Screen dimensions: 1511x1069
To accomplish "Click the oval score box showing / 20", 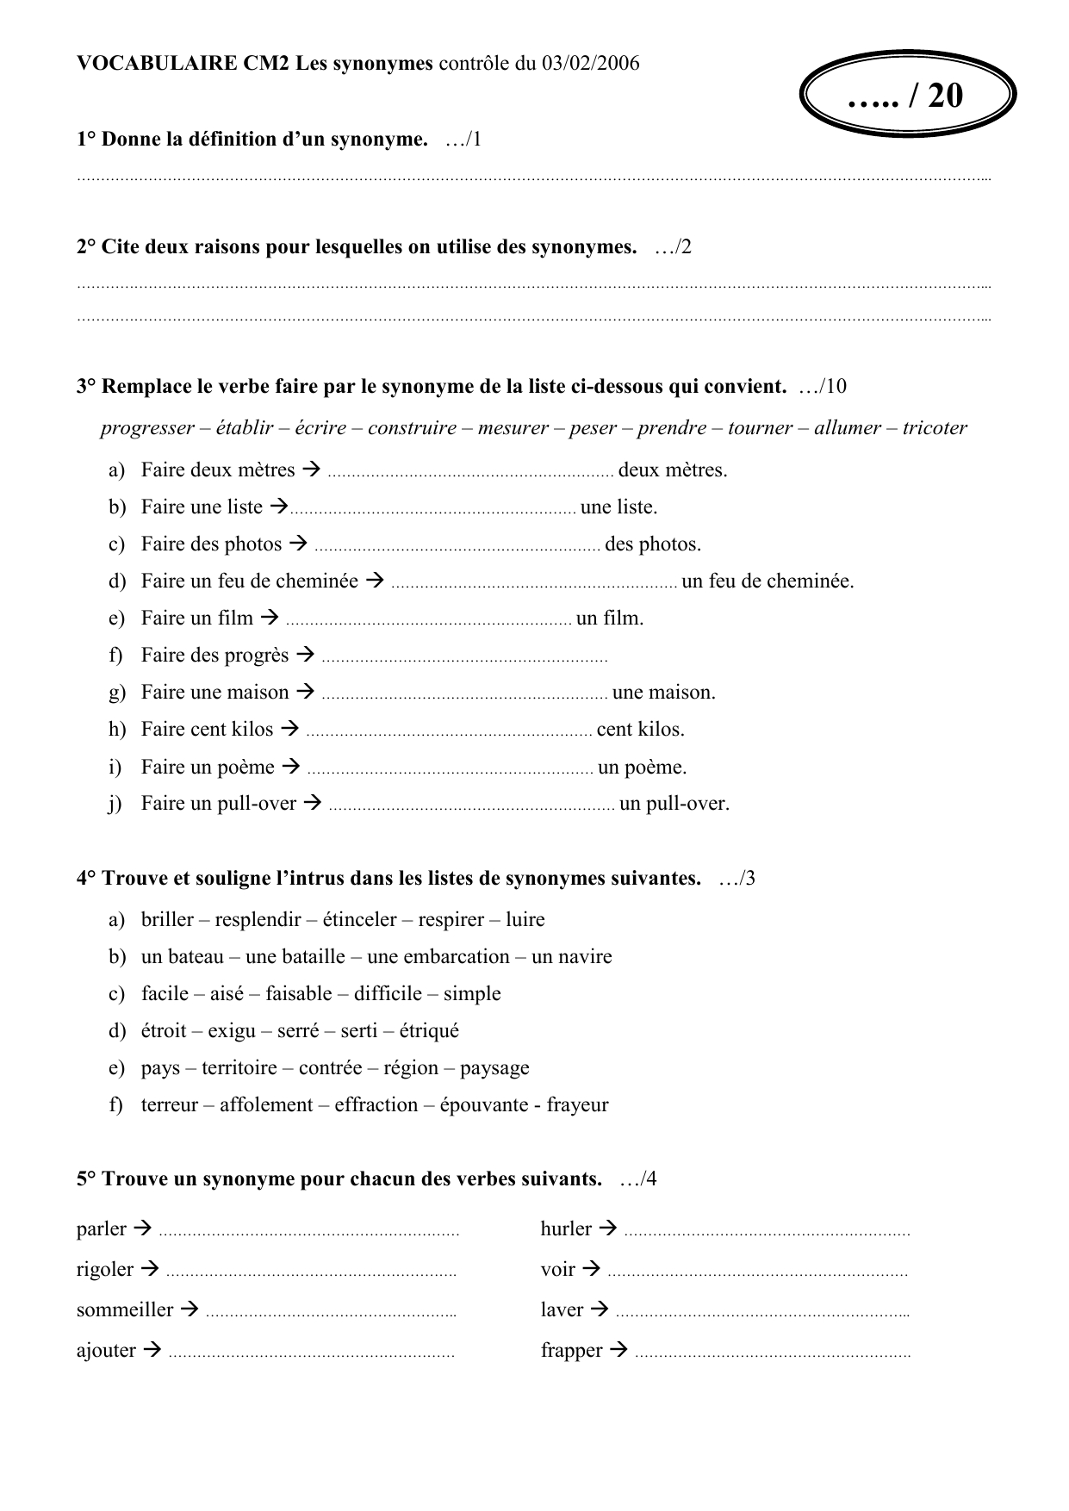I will (x=908, y=95).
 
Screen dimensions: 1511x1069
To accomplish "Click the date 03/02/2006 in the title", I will (x=591, y=63).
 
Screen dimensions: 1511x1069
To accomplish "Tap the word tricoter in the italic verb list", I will (x=935, y=428).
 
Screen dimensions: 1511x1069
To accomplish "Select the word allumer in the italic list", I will (x=848, y=428).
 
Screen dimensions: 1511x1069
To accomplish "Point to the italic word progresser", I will (x=147, y=428).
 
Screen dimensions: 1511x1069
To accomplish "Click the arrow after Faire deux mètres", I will (x=313, y=469).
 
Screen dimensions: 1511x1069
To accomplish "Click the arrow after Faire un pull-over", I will (x=314, y=803).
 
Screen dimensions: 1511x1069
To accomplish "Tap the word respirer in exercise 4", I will (x=451, y=919).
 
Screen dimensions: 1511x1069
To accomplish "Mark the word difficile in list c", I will (x=388, y=993).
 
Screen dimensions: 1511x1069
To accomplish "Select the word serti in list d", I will (x=358, y=1030).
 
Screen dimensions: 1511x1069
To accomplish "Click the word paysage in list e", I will (x=494, y=1067).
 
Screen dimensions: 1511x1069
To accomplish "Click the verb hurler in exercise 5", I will (x=566, y=1228).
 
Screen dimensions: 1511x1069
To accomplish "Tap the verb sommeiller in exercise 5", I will (x=125, y=1309).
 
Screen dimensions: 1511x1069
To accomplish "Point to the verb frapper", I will (x=571, y=1350).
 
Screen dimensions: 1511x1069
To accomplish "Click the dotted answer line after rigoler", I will (x=311, y=1272).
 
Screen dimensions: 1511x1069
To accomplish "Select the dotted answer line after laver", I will (x=762, y=1313).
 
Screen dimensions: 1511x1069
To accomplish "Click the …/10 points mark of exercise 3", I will (x=823, y=386).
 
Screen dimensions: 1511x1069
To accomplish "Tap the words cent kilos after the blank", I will (x=640, y=729).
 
